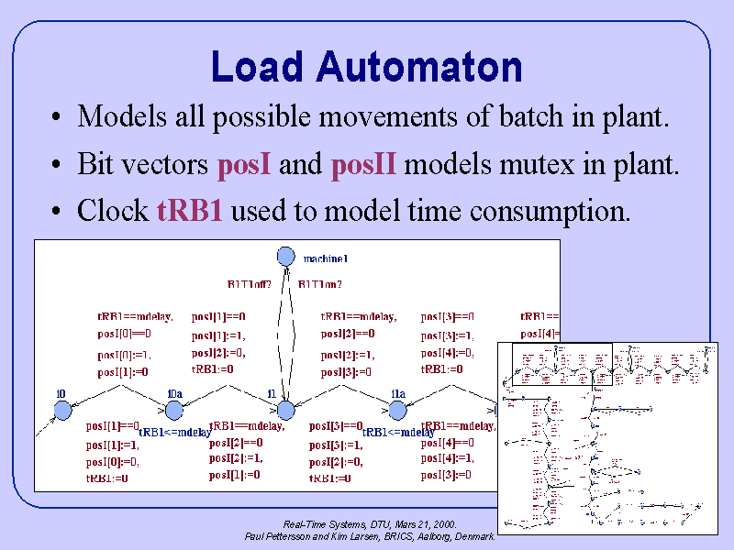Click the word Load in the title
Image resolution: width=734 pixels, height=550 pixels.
pyautogui.click(x=256, y=67)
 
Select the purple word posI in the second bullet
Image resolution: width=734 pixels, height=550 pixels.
pyautogui.click(x=243, y=165)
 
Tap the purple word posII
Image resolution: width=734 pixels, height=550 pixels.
pyautogui.click(x=363, y=165)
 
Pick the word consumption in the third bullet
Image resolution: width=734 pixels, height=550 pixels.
pyautogui.click(x=550, y=212)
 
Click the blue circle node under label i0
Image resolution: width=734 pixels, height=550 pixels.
pyautogui.click(x=62, y=411)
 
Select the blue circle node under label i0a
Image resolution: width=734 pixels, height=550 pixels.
pyautogui.click(x=174, y=411)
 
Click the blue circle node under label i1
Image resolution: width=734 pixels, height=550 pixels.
pyautogui.click(x=285, y=410)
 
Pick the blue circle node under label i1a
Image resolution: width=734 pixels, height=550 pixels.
pyautogui.click(x=397, y=411)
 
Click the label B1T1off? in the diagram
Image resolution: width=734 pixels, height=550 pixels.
pyautogui.click(x=250, y=284)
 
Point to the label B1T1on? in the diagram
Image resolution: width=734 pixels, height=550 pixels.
pyautogui.click(x=320, y=284)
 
